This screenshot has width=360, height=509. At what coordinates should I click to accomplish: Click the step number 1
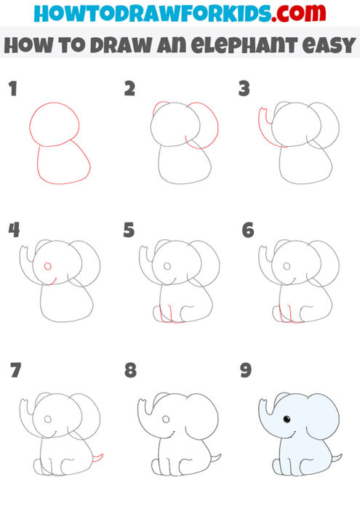click(x=12, y=89)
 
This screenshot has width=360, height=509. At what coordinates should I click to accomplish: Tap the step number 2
click(x=130, y=89)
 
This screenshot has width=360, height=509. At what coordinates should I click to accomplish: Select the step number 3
click(x=244, y=89)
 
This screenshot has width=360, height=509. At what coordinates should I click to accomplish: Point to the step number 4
click(x=14, y=231)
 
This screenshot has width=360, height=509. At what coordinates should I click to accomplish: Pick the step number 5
click(x=130, y=231)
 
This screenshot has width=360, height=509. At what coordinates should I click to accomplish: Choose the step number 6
click(x=247, y=231)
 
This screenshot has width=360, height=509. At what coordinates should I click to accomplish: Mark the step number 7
click(x=15, y=371)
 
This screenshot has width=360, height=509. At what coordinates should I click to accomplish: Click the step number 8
click(x=130, y=371)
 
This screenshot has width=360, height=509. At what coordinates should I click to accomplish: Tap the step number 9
click(x=246, y=371)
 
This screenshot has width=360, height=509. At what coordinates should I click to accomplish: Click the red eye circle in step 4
click(x=48, y=266)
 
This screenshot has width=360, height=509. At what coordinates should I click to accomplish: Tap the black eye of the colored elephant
click(x=286, y=420)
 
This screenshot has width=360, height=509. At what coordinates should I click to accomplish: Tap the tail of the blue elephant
click(x=336, y=457)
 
